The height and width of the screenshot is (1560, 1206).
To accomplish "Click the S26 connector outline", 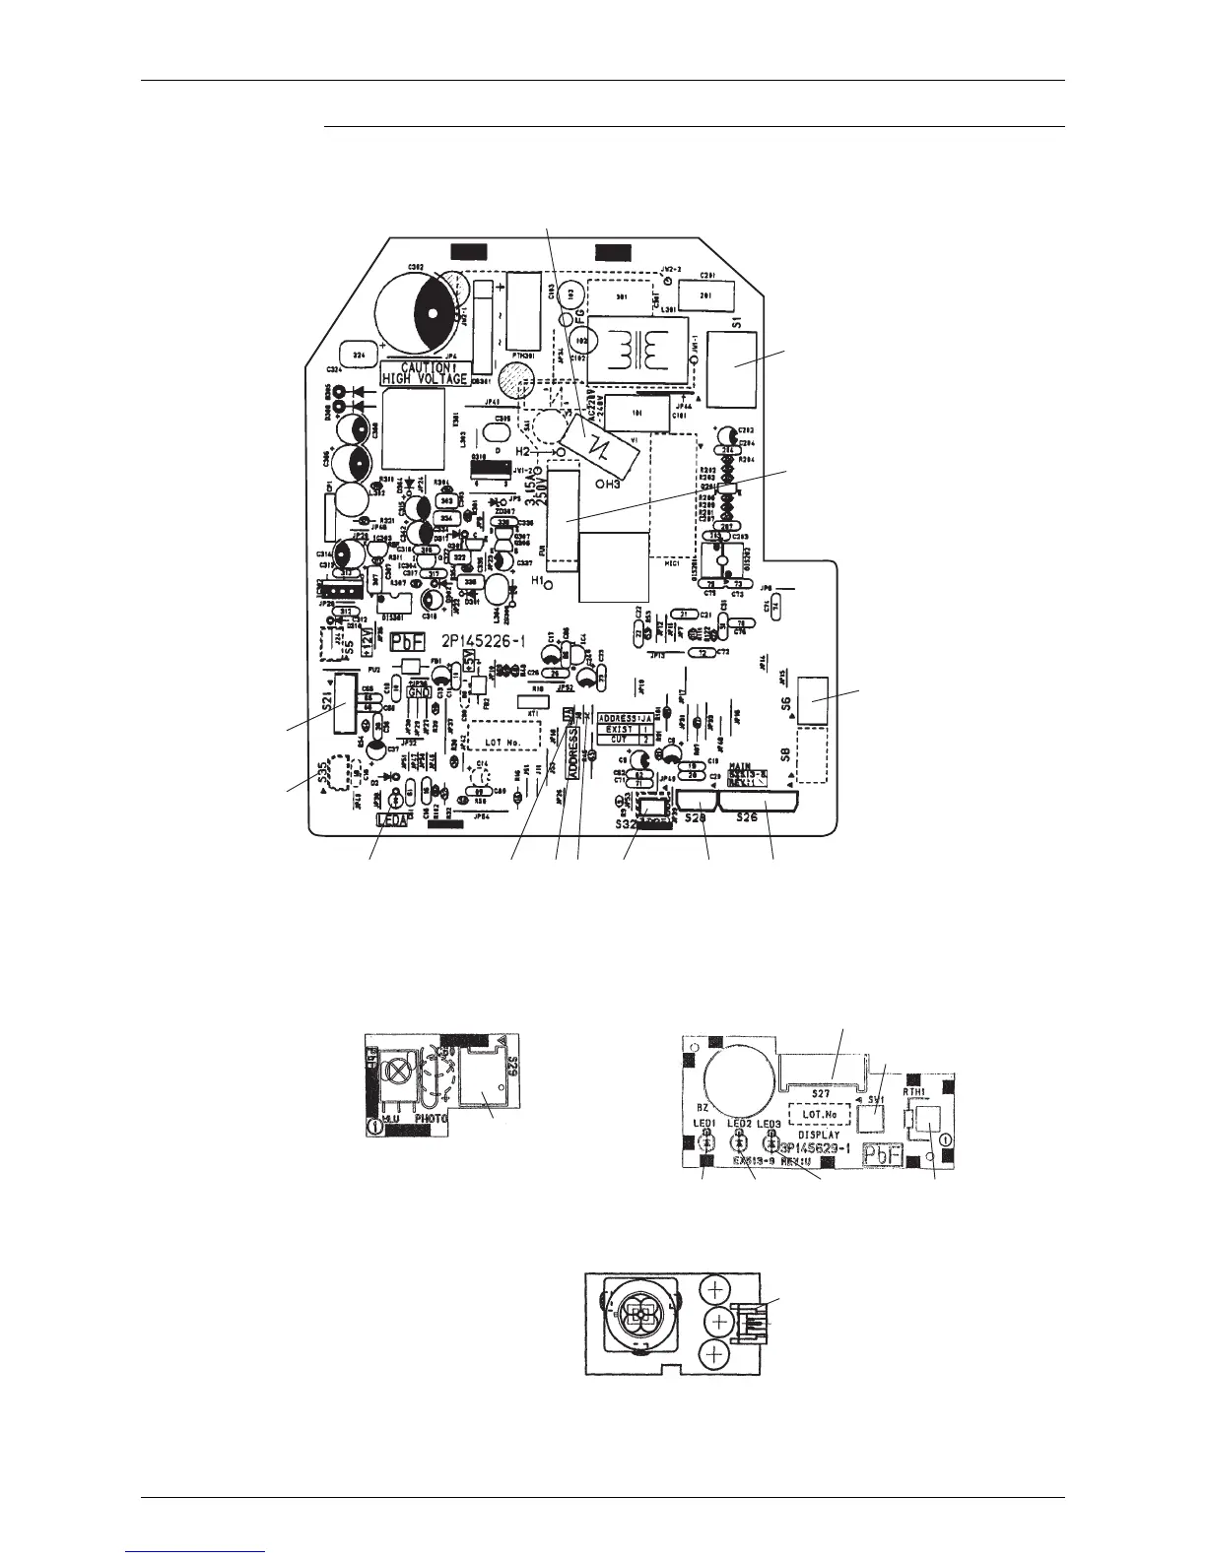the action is [x=762, y=804].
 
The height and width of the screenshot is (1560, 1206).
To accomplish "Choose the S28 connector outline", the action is [x=698, y=804].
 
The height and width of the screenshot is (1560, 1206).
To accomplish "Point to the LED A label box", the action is [x=392, y=817].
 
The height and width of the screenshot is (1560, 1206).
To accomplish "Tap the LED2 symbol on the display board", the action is [x=737, y=1141].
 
